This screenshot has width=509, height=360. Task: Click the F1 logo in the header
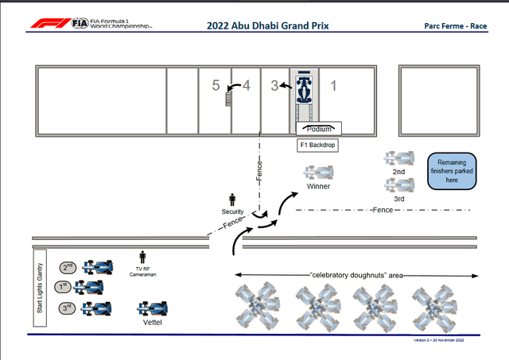49,24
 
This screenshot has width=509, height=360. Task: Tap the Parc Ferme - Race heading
456,25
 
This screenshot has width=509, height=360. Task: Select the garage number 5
215,85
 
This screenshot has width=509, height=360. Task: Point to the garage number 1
334,85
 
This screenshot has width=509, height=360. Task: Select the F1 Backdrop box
318,145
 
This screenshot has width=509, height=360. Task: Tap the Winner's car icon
320,172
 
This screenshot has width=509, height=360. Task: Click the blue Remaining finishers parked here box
452,171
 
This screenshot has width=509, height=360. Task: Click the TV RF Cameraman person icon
143,257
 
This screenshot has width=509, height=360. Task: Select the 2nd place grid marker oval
68,268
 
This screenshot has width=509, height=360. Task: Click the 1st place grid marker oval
63,286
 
